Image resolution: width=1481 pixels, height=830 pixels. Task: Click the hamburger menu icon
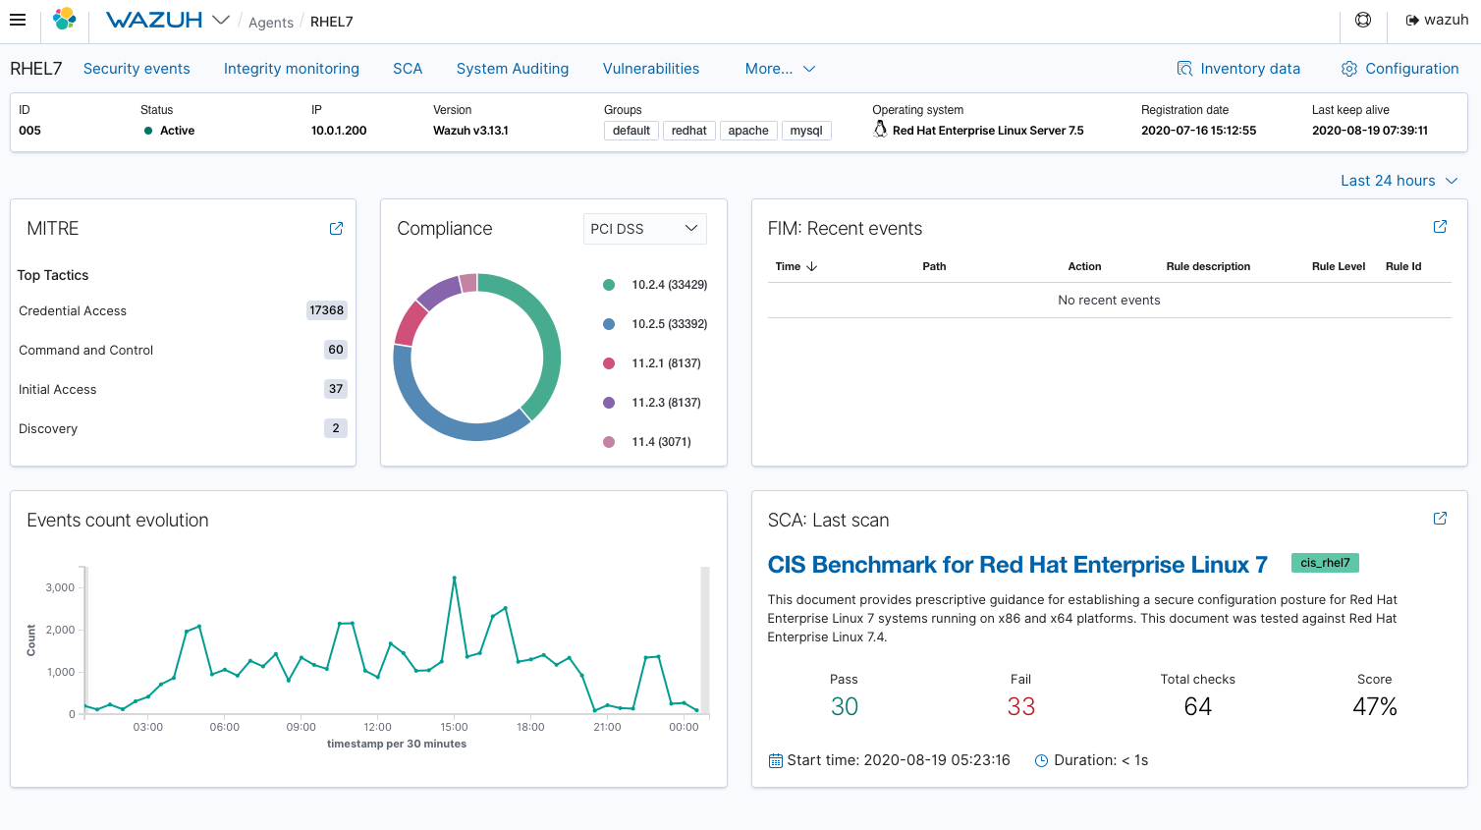(18, 20)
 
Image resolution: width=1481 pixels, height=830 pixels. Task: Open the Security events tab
(137, 69)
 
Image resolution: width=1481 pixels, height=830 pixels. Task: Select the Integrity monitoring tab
(291, 69)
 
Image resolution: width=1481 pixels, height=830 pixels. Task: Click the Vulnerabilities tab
(650, 69)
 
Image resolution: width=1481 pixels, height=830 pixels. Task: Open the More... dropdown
(780, 69)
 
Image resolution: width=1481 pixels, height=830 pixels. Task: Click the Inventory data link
(1238, 69)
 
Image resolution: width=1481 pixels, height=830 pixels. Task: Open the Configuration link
(1399, 69)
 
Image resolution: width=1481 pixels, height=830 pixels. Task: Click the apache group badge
(747, 131)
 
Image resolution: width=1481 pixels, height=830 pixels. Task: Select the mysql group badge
(805, 131)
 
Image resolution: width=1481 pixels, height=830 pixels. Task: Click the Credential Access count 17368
(326, 310)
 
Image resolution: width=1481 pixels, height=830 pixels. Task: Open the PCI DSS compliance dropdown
(644, 229)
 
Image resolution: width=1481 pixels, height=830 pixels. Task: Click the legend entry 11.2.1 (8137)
(665, 363)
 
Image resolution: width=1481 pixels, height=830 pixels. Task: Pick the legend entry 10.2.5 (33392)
(669, 324)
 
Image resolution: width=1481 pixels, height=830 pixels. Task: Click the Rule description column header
(1208, 266)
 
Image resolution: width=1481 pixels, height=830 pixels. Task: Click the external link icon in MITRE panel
(336, 229)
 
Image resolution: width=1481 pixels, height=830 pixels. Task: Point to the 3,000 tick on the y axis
(60, 587)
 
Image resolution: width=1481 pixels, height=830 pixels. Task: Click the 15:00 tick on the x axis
(454, 727)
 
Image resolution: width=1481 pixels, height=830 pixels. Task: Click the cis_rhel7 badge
(1324, 563)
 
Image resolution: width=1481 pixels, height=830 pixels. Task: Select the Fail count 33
(1020, 706)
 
